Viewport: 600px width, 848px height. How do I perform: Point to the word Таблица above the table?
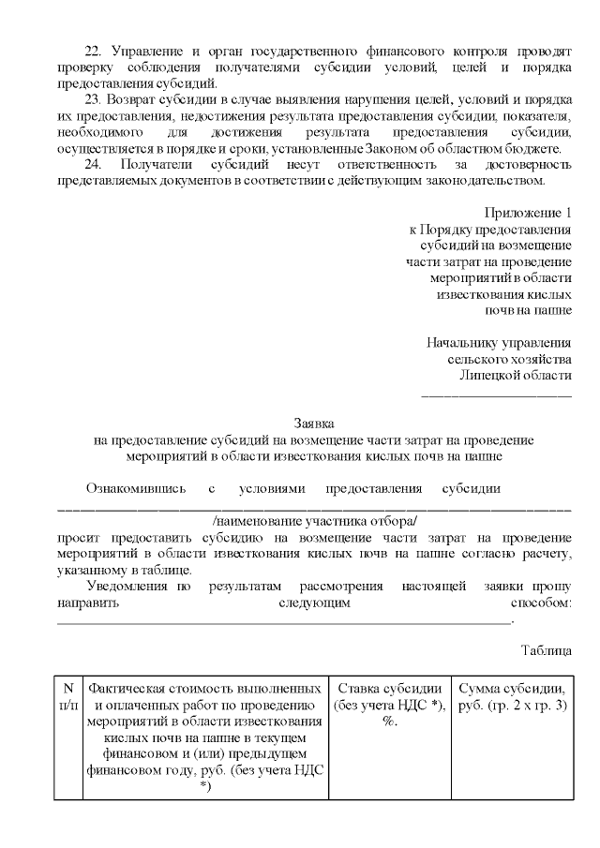tap(546, 649)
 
